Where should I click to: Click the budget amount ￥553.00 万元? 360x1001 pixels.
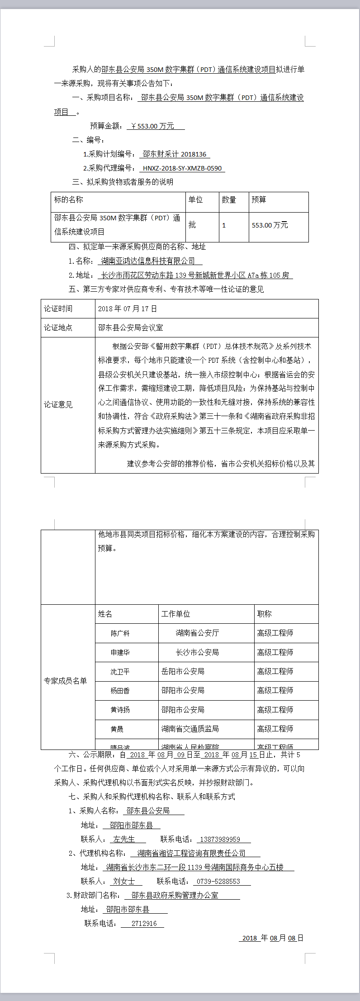pyautogui.click(x=152, y=126)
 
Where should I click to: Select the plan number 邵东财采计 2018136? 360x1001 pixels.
pyautogui.click(x=175, y=154)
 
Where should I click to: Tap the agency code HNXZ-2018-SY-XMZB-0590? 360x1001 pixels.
pyautogui.click(x=182, y=168)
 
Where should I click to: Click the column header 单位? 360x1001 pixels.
pyautogui.click(x=196, y=200)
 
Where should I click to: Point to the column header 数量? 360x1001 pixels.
pyautogui.click(x=229, y=200)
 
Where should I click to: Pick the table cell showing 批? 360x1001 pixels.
pyautogui.click(x=192, y=225)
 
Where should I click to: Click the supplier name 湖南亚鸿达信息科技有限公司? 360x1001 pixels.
pyautogui.click(x=148, y=261)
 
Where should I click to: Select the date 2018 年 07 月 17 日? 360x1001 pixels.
pyautogui.click(x=128, y=309)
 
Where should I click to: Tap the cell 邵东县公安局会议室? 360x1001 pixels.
pyautogui.click(x=131, y=327)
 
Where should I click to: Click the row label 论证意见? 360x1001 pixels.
pyautogui.click(x=58, y=404)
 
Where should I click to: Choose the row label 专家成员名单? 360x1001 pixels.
pyautogui.click(x=66, y=681)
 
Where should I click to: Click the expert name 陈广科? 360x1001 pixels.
pyautogui.click(x=120, y=633)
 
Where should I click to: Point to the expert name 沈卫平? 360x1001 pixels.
pyautogui.click(x=120, y=672)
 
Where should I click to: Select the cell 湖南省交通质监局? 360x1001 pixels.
pyautogui.click(x=190, y=729)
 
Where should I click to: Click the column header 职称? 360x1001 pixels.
pyautogui.click(x=265, y=614)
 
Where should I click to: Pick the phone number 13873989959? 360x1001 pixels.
pyautogui.click(x=220, y=840)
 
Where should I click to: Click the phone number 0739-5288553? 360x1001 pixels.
pyautogui.click(x=218, y=882)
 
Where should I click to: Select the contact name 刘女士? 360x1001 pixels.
pyautogui.click(x=124, y=882)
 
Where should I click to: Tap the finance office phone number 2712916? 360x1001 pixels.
pyautogui.click(x=144, y=924)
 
